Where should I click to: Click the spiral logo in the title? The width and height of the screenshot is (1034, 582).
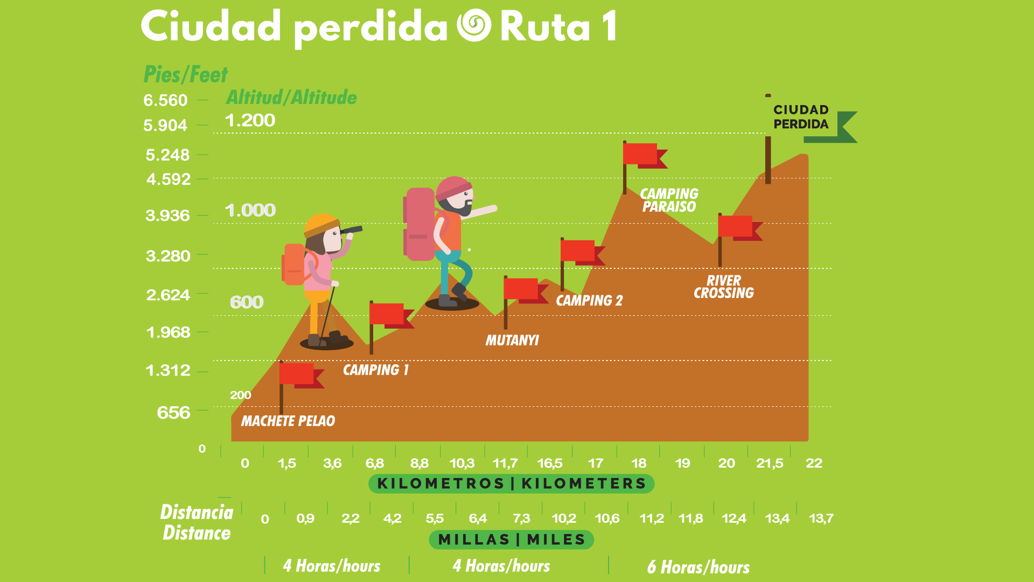click(x=474, y=25)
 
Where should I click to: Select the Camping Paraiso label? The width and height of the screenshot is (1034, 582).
click(x=669, y=200)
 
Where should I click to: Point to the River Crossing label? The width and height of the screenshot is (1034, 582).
click(x=723, y=287)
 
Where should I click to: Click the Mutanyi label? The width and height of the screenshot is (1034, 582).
click(x=512, y=341)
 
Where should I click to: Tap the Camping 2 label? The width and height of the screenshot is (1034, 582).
click(x=589, y=301)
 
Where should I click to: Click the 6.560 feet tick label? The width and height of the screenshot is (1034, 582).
click(x=165, y=100)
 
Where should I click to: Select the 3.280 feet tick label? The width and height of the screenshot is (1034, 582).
click(x=168, y=255)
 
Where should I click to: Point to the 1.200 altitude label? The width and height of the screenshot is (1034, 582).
click(x=250, y=120)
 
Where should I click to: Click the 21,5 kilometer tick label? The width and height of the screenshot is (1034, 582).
click(x=770, y=463)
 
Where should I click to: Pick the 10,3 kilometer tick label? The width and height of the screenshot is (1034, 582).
click(x=462, y=463)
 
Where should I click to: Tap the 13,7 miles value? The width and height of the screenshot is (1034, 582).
click(x=821, y=518)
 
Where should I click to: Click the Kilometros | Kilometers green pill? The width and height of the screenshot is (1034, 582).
click(x=511, y=483)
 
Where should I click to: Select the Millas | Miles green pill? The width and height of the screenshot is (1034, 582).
click(x=511, y=539)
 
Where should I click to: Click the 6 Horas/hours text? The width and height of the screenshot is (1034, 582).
click(x=698, y=567)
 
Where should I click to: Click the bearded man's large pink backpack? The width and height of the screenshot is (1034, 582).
click(x=420, y=224)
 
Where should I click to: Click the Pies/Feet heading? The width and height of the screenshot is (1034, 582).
click(x=185, y=74)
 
